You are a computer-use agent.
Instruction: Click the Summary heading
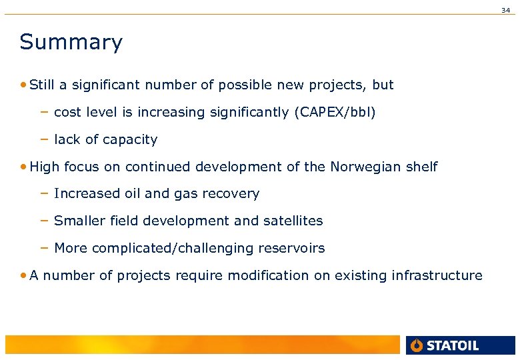pos(71,42)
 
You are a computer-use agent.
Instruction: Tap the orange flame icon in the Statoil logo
pos(417,345)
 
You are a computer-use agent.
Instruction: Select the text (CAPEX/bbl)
pos(335,113)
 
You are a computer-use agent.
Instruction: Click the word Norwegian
pos(366,167)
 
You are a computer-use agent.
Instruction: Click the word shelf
pos(422,167)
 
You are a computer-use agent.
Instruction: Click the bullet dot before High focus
pos(24,167)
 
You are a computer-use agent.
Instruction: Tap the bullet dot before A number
pos(24,275)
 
